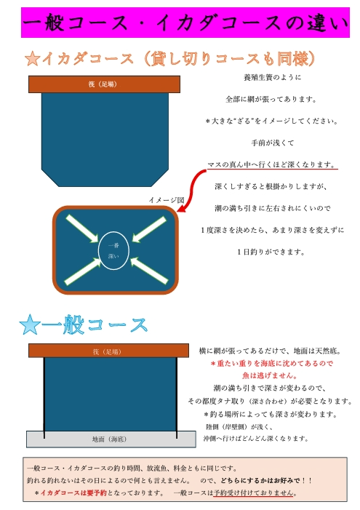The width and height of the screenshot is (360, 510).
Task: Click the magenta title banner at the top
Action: (x=185, y=23)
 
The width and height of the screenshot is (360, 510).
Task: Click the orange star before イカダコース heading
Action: (x=33, y=59)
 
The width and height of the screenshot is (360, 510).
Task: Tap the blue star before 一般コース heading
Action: (x=30, y=325)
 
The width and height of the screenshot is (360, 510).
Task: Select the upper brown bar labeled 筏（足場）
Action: (x=104, y=84)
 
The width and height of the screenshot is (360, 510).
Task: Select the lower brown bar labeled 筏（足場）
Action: (x=108, y=351)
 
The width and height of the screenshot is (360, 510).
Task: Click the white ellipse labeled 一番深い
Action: (x=113, y=251)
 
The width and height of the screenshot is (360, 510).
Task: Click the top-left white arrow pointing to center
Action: (x=82, y=228)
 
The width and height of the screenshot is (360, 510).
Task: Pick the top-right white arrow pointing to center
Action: (x=149, y=229)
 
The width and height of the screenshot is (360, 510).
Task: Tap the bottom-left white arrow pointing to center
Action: (x=83, y=271)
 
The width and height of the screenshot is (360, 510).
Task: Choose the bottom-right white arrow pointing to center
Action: (x=149, y=271)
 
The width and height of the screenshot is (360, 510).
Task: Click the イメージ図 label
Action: (x=167, y=200)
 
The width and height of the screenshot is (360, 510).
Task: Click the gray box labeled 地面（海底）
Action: (x=111, y=439)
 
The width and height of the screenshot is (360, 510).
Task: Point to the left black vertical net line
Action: (x=44, y=398)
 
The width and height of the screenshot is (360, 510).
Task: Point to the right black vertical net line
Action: (x=177, y=398)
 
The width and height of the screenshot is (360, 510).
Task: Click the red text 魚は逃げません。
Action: (x=270, y=375)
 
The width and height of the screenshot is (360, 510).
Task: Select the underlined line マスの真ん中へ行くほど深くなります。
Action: (x=271, y=164)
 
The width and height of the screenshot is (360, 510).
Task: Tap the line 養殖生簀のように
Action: (x=273, y=77)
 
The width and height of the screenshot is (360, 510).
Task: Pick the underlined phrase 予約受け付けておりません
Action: (x=254, y=493)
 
